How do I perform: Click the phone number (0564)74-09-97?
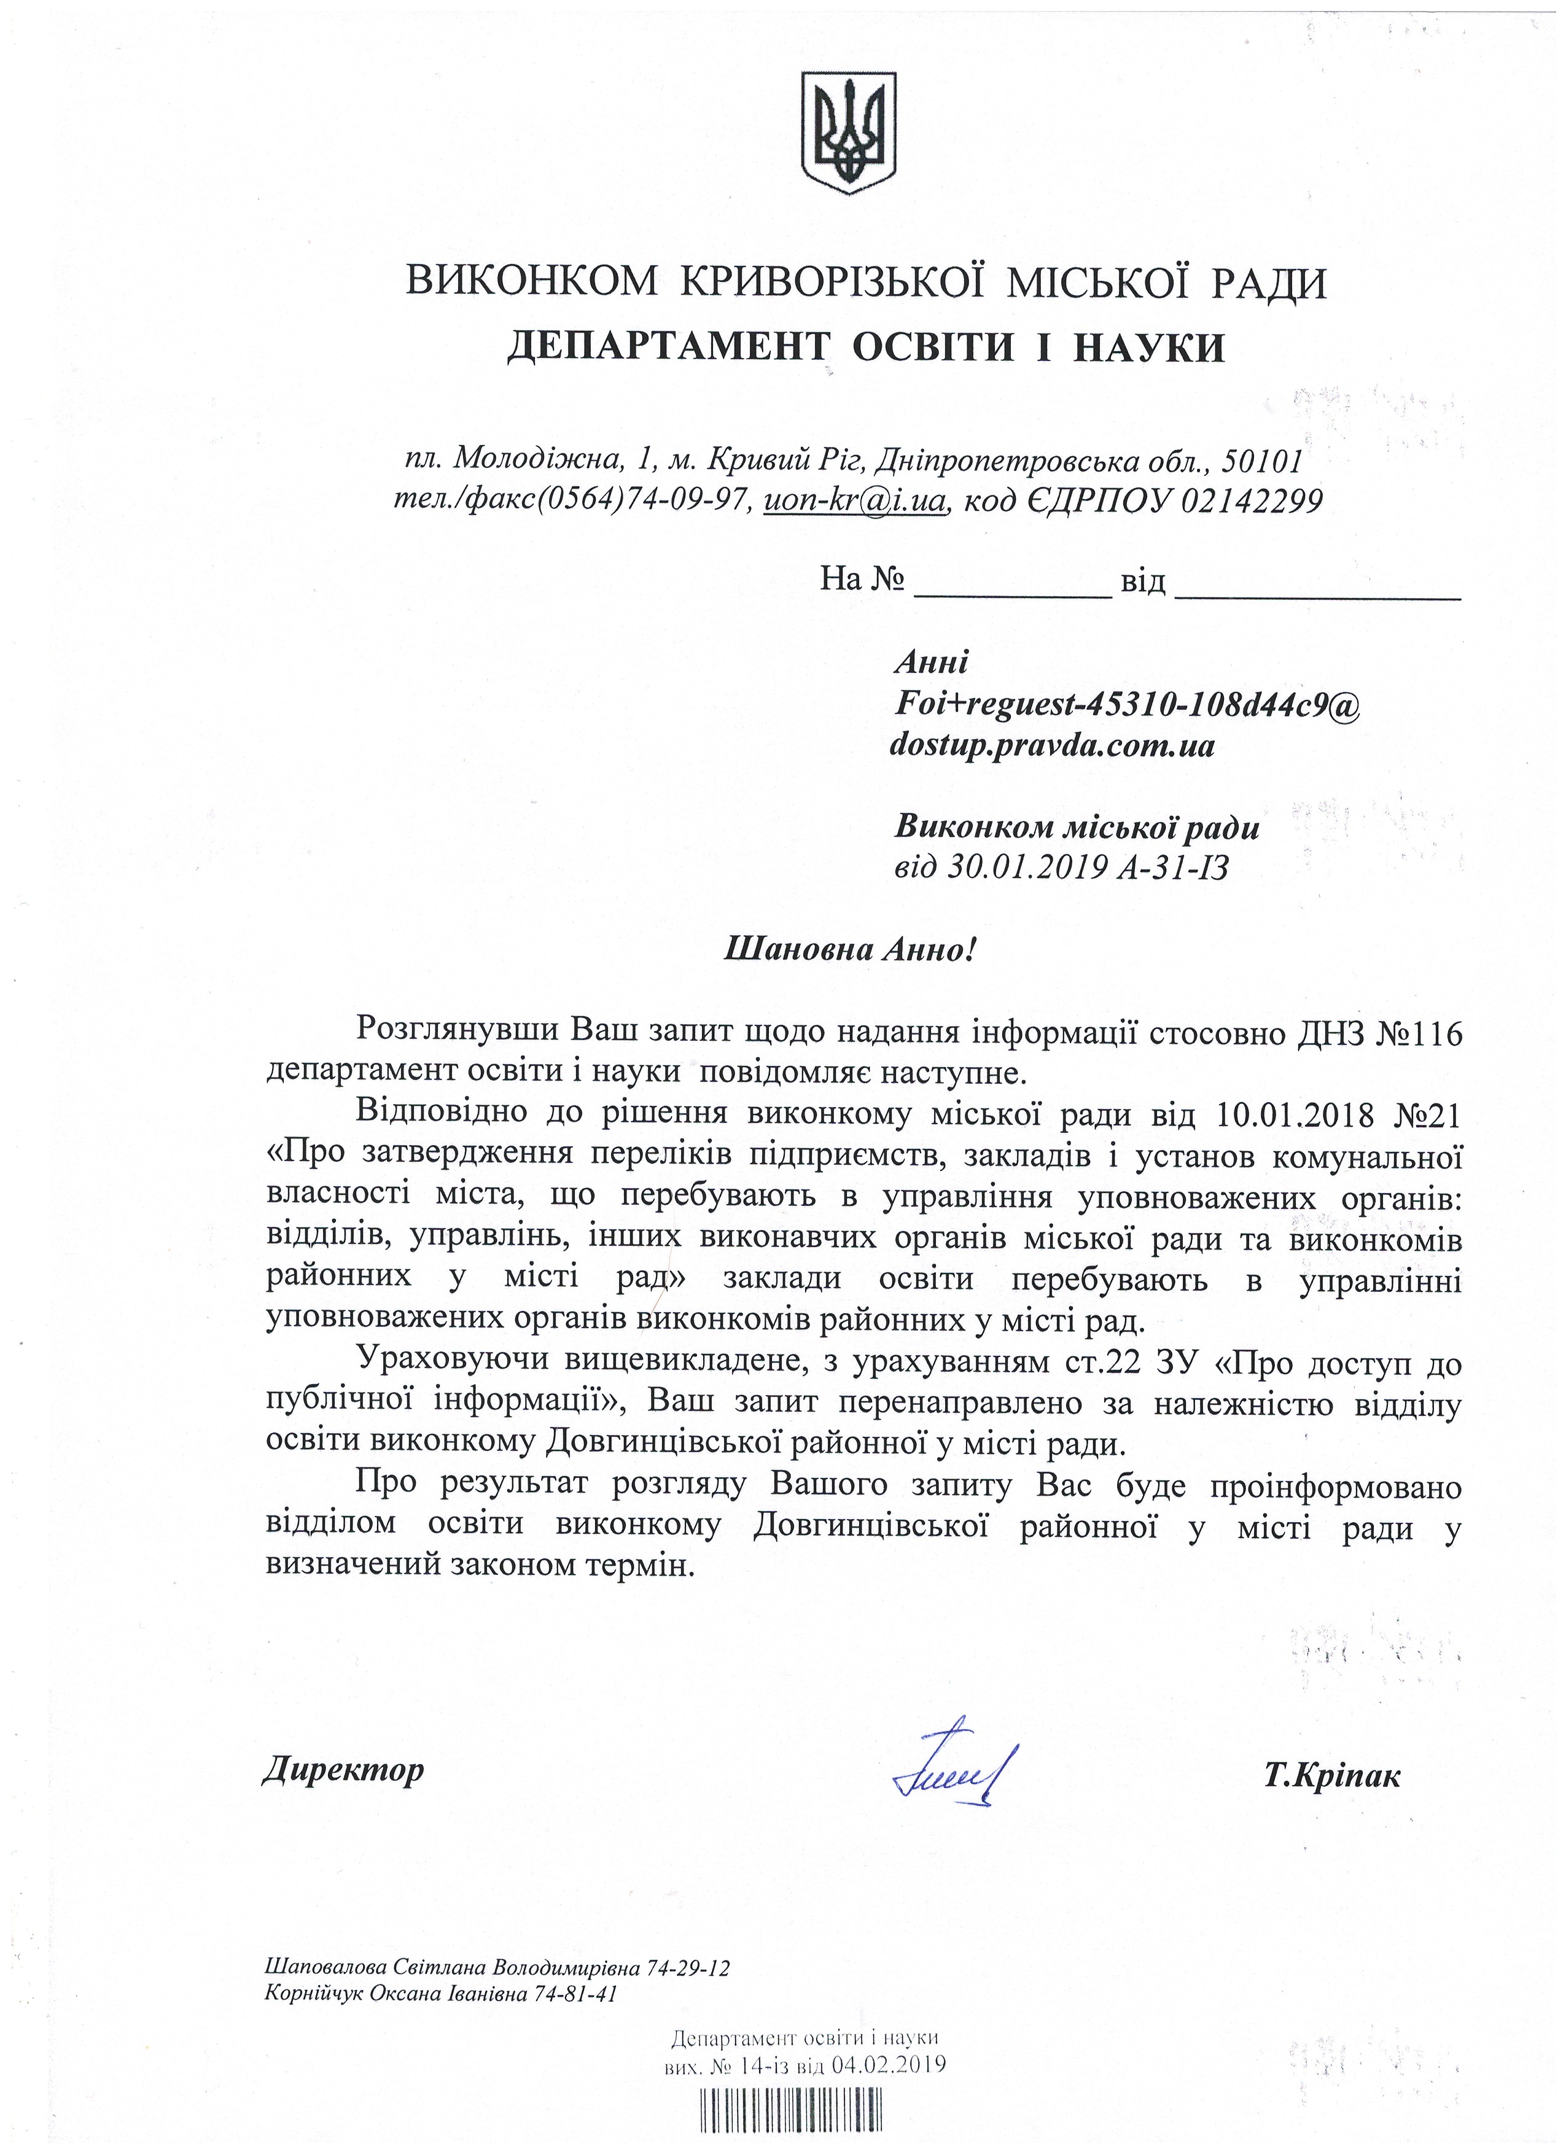646,500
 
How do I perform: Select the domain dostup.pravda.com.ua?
1051,745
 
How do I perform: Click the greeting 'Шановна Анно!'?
849,948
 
